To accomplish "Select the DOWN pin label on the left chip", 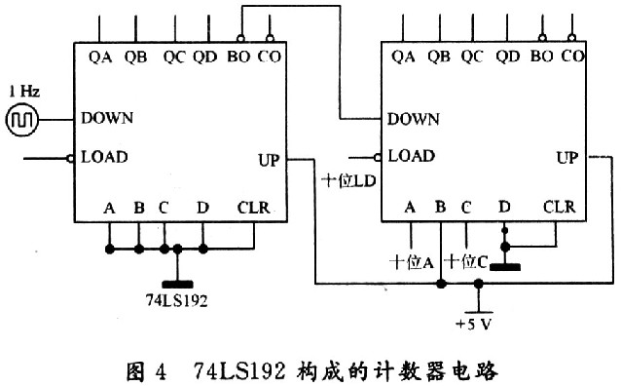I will (107, 118).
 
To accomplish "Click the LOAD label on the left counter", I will (104, 156).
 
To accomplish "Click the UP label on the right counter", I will (568, 156).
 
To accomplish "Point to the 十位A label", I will (410, 261).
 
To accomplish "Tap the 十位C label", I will (465, 261).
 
